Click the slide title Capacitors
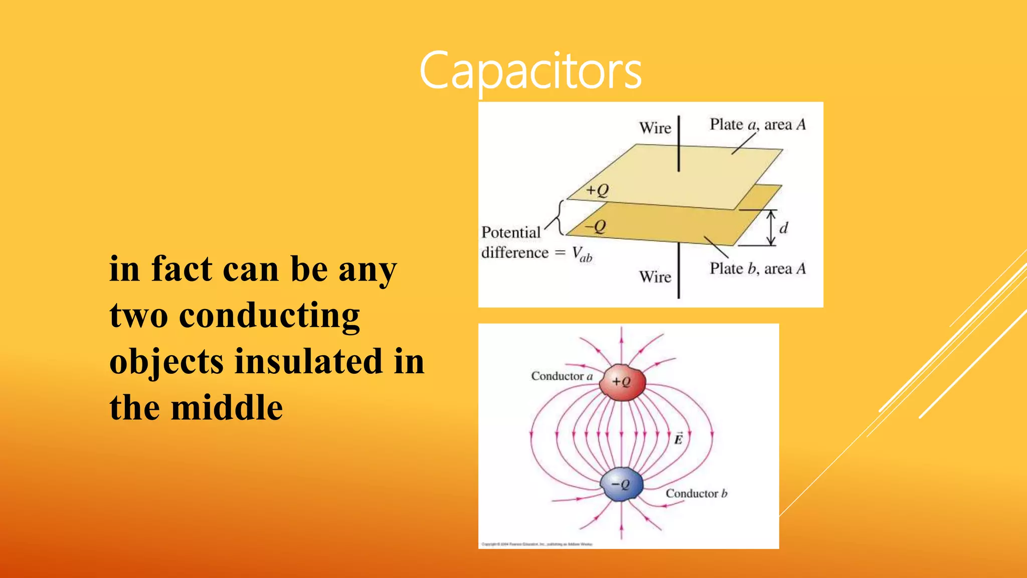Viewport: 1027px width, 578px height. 530,71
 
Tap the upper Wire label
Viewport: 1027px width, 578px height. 655,128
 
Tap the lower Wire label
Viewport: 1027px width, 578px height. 655,277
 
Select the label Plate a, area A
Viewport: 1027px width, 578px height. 757,124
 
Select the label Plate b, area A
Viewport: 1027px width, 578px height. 757,269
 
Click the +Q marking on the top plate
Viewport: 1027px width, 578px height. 598,190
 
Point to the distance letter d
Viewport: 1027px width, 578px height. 784,228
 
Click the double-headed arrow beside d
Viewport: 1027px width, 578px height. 771,228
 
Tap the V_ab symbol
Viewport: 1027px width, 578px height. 582,254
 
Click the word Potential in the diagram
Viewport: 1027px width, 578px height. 511,232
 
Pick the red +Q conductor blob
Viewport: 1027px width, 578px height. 622,382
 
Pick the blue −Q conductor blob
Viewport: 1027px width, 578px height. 622,484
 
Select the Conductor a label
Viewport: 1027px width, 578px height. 562,376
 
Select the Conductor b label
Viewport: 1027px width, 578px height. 696,494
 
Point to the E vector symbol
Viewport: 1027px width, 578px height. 678,439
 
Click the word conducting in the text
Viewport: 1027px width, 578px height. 269,316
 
